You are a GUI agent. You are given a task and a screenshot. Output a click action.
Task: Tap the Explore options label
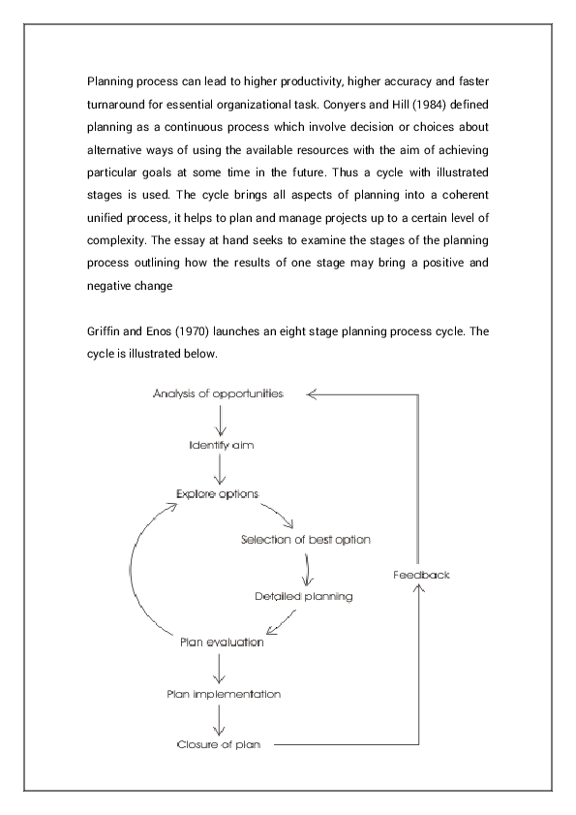click(218, 493)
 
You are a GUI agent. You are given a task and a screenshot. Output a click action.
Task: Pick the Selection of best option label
click(306, 539)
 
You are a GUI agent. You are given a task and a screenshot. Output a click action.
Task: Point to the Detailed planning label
click(304, 596)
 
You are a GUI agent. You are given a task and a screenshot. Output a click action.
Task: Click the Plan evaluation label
click(222, 642)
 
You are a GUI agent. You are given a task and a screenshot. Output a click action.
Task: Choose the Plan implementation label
click(224, 694)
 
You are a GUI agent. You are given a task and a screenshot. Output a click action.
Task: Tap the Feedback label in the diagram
click(421, 575)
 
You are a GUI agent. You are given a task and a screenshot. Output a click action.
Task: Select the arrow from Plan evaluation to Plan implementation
click(222, 668)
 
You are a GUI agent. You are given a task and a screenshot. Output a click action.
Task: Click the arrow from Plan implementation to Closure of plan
click(222, 719)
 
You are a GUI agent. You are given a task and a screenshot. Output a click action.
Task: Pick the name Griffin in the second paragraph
click(106, 331)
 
